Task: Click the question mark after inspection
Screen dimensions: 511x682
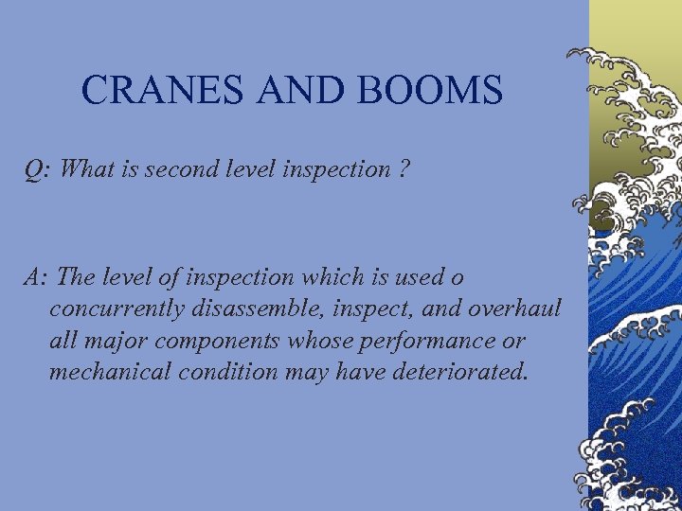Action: [404, 170]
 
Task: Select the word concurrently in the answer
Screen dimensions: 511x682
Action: [117, 309]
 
